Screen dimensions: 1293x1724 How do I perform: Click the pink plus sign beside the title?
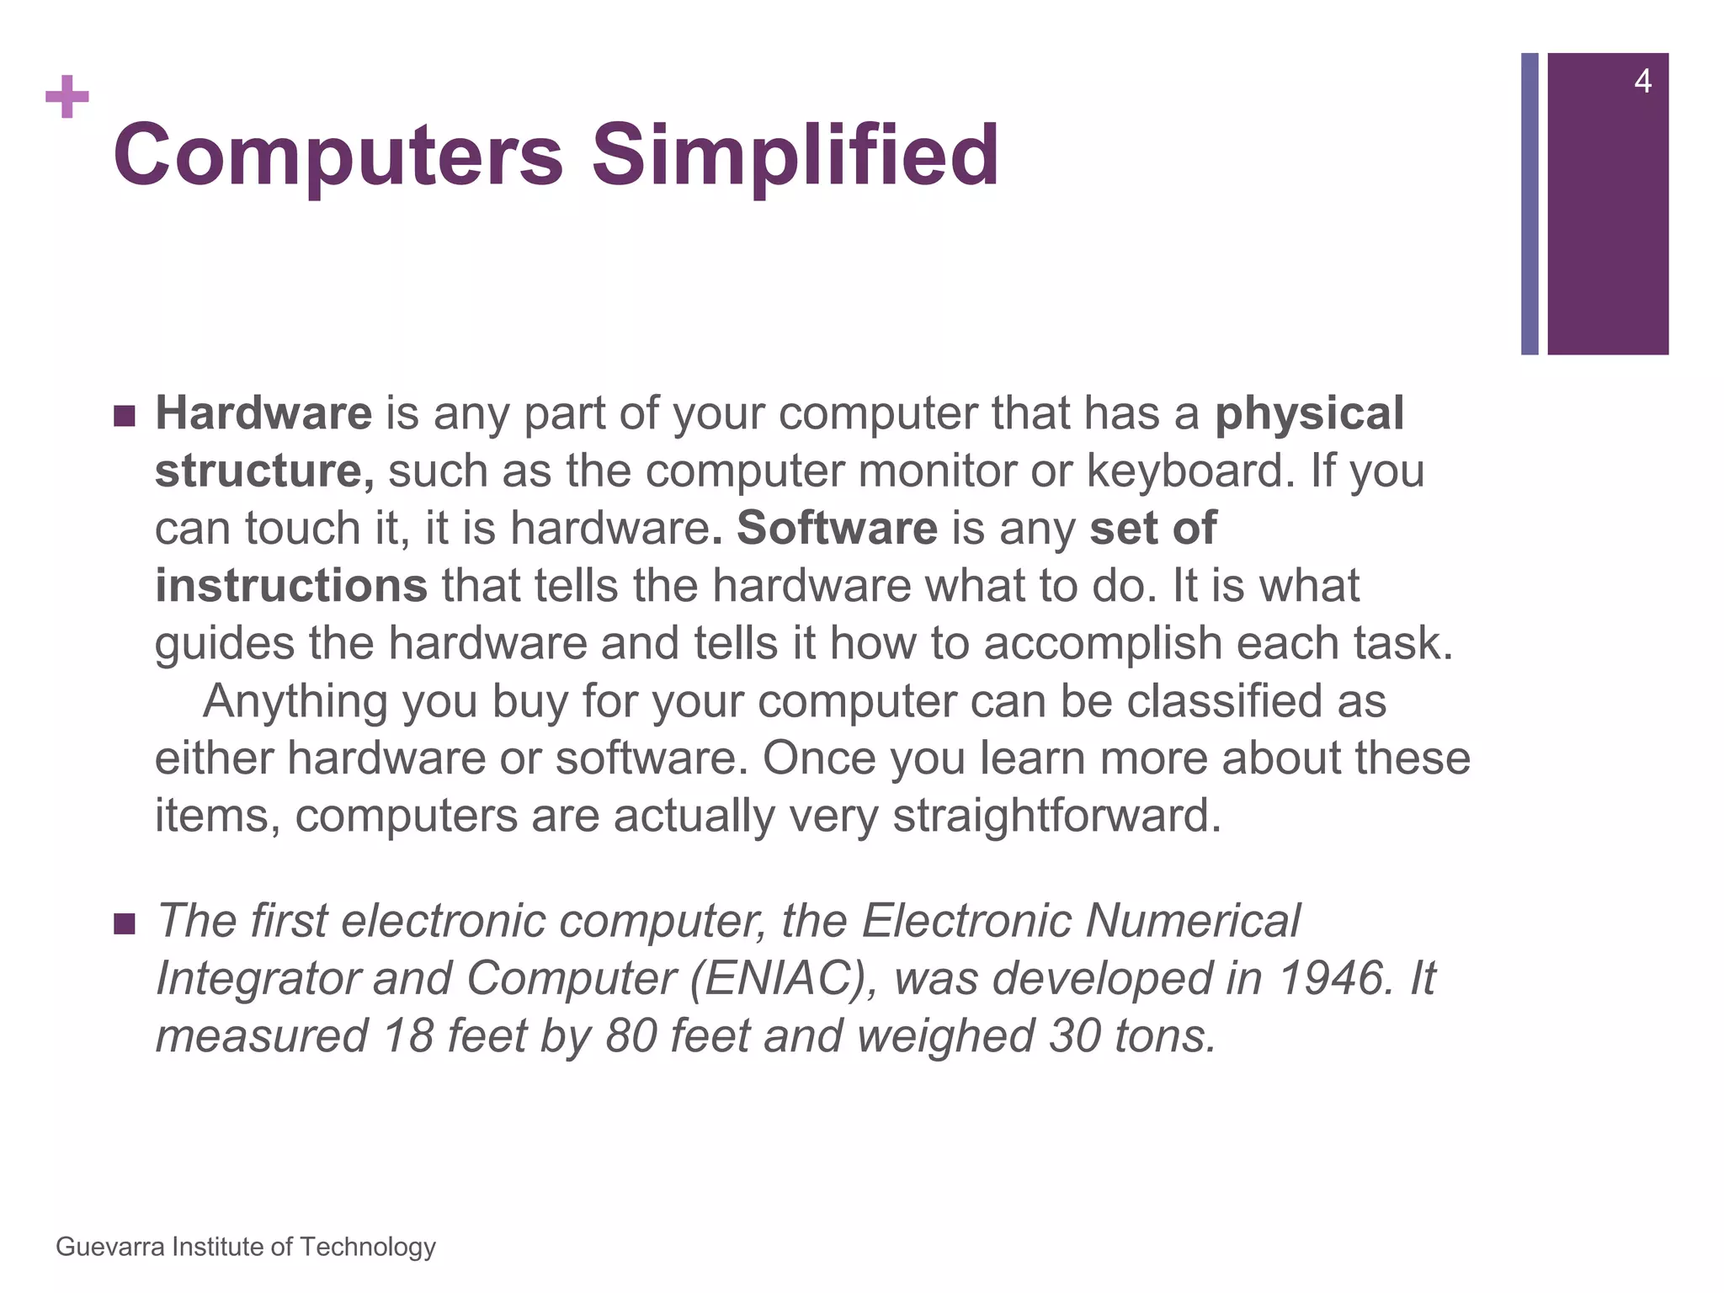(x=67, y=97)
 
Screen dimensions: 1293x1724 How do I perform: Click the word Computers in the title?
(x=338, y=156)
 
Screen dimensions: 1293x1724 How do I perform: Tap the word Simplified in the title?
(x=795, y=156)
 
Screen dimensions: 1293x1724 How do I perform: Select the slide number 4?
(x=1642, y=82)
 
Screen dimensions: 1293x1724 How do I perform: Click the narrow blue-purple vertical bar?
(x=1530, y=204)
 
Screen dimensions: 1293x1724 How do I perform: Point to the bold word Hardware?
(x=263, y=413)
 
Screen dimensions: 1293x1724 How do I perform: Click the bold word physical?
(x=1309, y=413)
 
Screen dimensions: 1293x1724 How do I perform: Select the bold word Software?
(x=837, y=528)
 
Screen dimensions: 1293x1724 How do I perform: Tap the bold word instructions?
(x=291, y=585)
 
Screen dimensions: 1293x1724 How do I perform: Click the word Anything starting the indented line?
(x=295, y=700)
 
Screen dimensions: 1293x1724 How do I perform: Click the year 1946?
(x=1333, y=978)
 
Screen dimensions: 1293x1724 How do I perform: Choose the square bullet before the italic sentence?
(x=124, y=924)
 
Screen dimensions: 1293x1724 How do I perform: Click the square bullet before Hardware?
(x=124, y=416)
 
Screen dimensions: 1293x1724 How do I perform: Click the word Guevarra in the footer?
(x=110, y=1247)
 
